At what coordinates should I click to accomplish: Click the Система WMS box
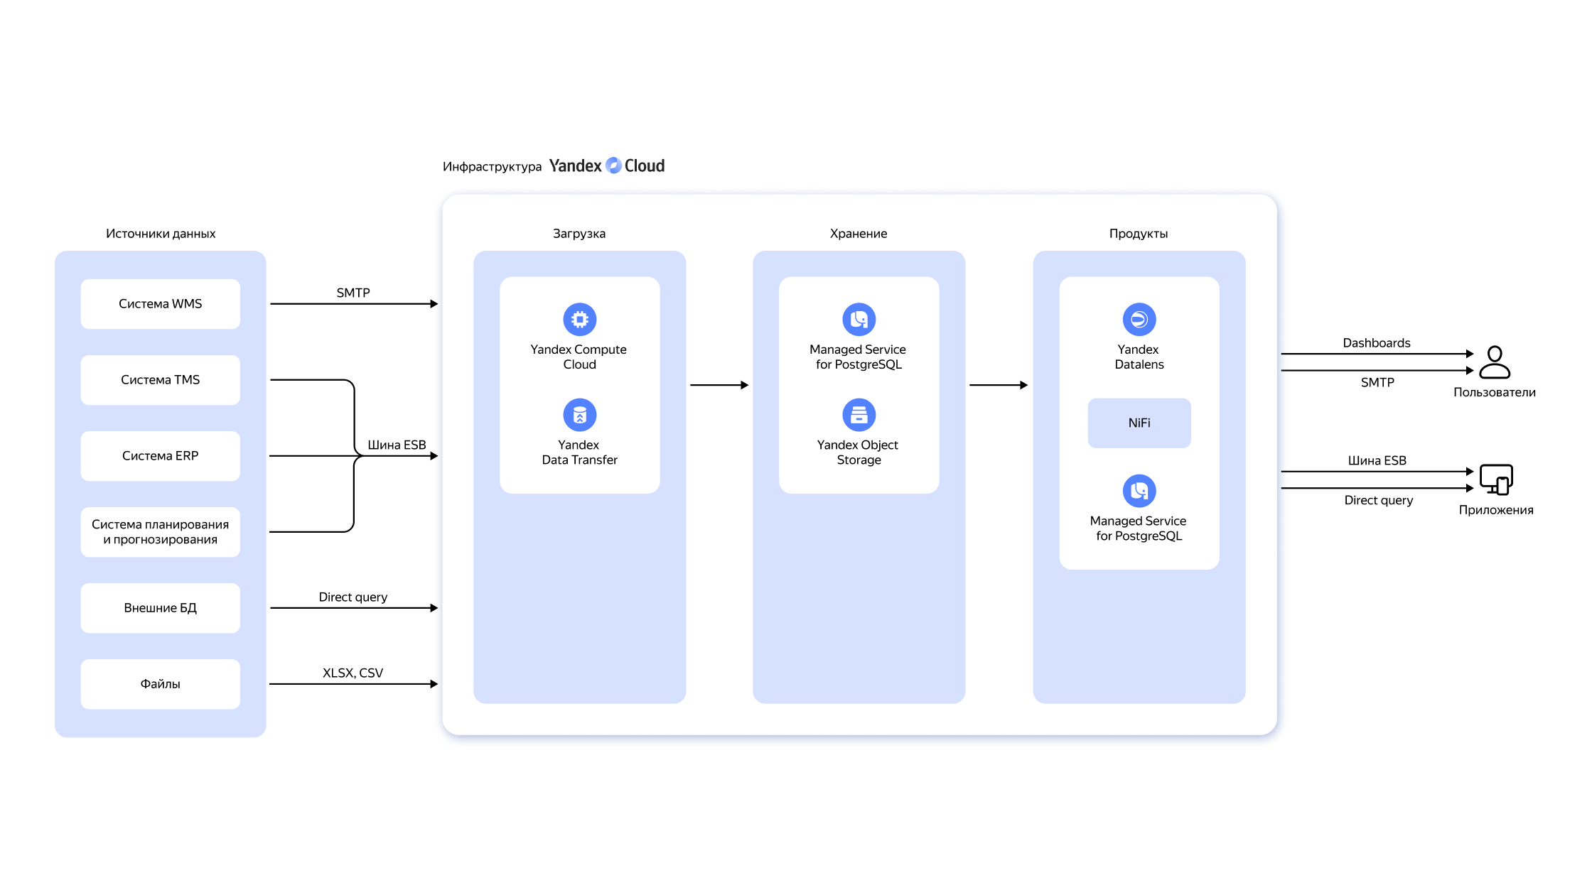point(161,304)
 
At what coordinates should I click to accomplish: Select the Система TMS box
point(161,380)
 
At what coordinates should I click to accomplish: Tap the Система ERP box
point(161,456)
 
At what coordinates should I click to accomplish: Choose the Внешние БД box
point(161,608)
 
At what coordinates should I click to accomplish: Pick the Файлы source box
point(161,684)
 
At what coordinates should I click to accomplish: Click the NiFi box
point(1139,423)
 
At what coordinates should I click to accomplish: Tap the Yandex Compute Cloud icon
point(580,320)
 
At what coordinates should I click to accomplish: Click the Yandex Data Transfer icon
point(580,415)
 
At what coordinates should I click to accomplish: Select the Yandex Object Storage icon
point(859,415)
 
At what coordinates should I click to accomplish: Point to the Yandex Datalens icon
point(1139,320)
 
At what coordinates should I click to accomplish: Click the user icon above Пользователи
point(1495,362)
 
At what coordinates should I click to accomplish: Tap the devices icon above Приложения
point(1496,479)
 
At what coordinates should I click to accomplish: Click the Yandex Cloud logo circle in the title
point(613,166)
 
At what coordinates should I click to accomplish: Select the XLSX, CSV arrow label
point(353,673)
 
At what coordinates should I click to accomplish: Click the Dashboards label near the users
point(1377,343)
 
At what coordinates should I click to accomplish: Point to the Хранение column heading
point(859,234)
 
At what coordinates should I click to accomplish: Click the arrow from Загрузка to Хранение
point(719,385)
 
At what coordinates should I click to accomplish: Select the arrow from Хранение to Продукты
point(999,385)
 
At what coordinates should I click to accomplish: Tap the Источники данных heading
point(161,234)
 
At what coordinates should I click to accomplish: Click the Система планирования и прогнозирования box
point(161,532)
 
